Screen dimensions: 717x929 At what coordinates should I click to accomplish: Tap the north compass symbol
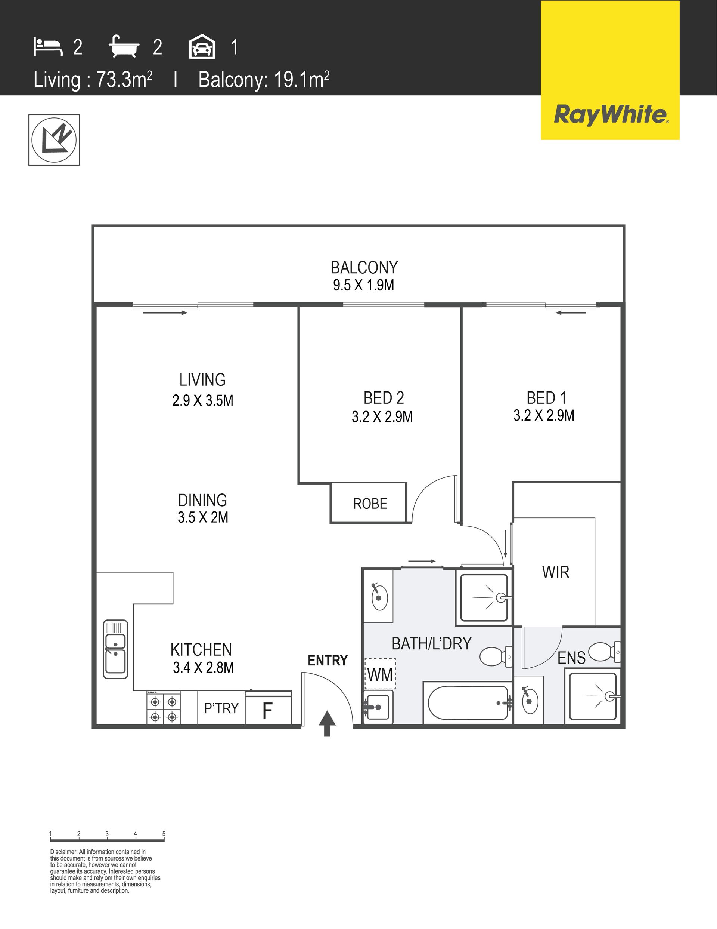tap(54, 140)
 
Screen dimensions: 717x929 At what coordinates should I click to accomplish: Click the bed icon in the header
tap(48, 47)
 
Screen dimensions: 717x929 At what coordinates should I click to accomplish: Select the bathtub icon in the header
tap(124, 46)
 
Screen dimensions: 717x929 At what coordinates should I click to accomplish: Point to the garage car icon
tap(202, 46)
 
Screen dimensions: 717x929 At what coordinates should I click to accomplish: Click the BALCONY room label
tap(364, 268)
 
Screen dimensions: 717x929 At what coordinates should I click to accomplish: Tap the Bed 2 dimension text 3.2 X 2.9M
tap(382, 417)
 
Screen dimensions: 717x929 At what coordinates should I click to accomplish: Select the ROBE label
tap(370, 504)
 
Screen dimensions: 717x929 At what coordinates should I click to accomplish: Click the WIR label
tap(556, 573)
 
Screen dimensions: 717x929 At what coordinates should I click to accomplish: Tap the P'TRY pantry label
tap(221, 709)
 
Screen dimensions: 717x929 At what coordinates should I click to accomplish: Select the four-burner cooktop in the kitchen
tap(164, 708)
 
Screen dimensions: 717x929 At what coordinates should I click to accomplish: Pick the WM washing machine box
tap(380, 674)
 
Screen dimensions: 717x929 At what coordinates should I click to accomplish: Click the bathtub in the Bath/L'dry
tap(468, 703)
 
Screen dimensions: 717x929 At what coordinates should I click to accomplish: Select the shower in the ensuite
tap(593, 696)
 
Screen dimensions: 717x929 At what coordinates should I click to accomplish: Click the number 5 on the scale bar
tap(164, 834)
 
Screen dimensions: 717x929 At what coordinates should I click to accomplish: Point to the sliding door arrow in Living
tap(165, 313)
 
